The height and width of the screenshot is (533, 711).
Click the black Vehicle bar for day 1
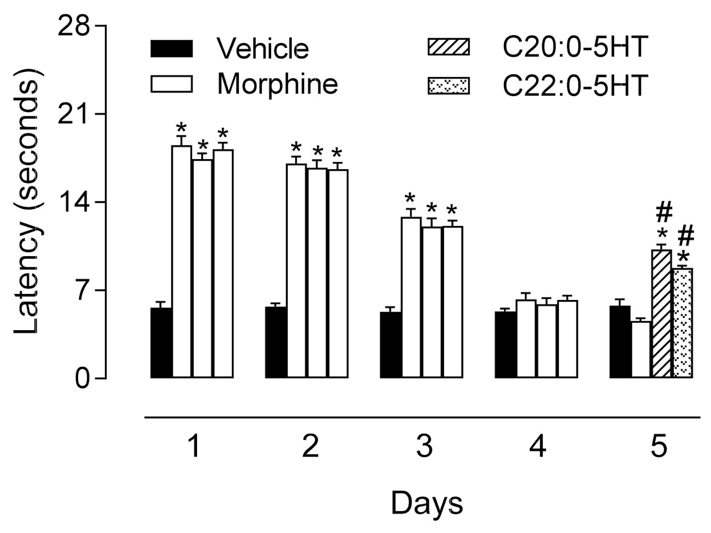pyautogui.click(x=162, y=343)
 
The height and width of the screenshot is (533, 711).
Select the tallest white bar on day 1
pyautogui.click(x=182, y=262)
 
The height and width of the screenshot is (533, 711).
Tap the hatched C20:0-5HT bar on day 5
pyautogui.click(x=662, y=314)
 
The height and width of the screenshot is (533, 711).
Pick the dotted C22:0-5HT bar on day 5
pyautogui.click(x=683, y=323)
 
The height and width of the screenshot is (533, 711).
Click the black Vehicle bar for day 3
pyautogui.click(x=391, y=345)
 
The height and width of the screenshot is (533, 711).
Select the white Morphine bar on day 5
pyautogui.click(x=641, y=349)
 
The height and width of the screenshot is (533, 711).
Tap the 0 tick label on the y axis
pyautogui.click(x=83, y=379)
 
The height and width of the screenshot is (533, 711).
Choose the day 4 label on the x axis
pyautogui.click(x=539, y=446)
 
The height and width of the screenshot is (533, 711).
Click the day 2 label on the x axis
pyautogui.click(x=310, y=446)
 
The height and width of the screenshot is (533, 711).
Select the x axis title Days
pyautogui.click(x=426, y=503)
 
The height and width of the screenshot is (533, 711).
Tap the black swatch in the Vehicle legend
pyautogui.click(x=171, y=49)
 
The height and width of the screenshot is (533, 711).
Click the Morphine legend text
pyautogui.click(x=277, y=84)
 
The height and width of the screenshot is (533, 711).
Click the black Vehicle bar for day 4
pyautogui.click(x=505, y=345)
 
